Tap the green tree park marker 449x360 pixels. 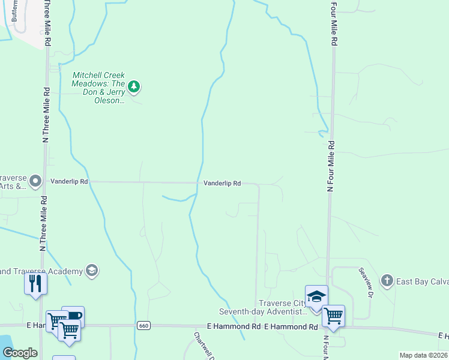pyautogui.click(x=134, y=87)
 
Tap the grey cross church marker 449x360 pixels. pyautogui.click(x=387, y=280)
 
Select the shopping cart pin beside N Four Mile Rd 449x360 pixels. pyautogui.click(x=333, y=316)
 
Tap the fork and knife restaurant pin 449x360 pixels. pyautogui.click(x=35, y=283)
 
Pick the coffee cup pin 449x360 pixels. pyautogui.click(x=73, y=316)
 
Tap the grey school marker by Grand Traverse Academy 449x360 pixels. pyautogui.click(x=92, y=271)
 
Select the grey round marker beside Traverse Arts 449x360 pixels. pyautogui.click(x=35, y=181)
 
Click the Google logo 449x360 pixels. pyautogui.click(x=20, y=353)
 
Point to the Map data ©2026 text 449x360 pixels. pyautogui.click(x=423, y=355)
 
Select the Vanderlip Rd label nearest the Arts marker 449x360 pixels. pyautogui.click(x=69, y=181)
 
